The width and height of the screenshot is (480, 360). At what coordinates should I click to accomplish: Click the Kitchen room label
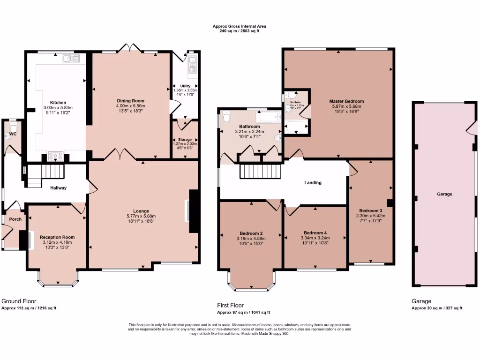coord(58,102)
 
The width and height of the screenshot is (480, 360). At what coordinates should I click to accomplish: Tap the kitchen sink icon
coord(73,58)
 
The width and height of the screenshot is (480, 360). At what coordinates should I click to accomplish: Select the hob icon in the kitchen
coord(56,156)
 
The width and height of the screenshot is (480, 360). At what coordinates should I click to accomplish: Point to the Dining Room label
coord(130,101)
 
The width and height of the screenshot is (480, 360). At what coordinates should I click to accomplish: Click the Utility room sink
coord(192,66)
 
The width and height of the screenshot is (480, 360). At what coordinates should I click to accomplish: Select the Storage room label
coord(185,140)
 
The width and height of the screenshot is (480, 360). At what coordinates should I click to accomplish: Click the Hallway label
coord(59,188)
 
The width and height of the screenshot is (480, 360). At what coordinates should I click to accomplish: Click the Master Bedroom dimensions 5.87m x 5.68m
coord(346,106)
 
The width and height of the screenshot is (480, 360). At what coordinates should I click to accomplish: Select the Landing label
coord(313,183)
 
